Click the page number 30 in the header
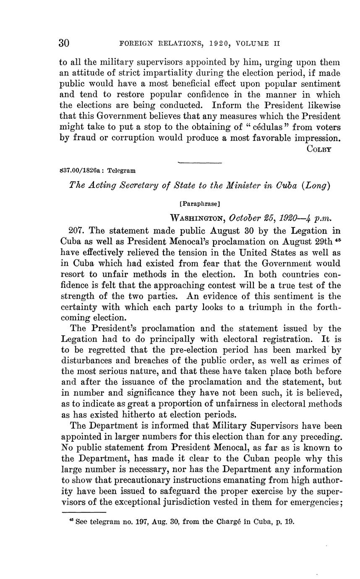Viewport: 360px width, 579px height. tap(64, 43)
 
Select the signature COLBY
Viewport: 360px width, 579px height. tap(320, 149)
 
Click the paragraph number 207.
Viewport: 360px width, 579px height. tap(76, 231)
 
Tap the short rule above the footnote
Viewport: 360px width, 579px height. tap(84, 511)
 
